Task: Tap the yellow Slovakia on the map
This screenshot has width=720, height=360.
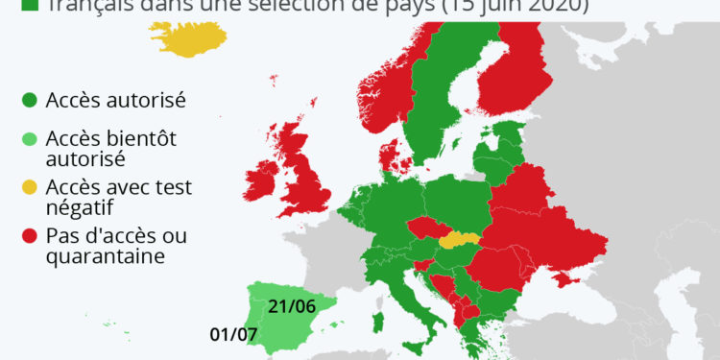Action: pos(459,238)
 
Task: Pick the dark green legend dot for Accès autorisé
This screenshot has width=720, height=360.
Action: pos(29,99)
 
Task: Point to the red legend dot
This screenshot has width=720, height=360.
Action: pos(29,235)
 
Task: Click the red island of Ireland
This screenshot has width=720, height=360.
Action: pos(261,184)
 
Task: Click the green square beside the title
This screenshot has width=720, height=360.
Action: pos(29,6)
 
